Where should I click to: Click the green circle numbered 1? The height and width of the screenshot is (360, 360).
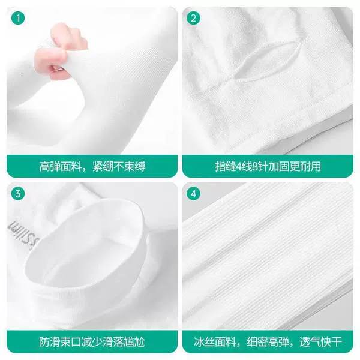pyautogui.click(x=18, y=19)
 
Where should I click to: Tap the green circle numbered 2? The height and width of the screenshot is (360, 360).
pyautogui.click(x=194, y=19)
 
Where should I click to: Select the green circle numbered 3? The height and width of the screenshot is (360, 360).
pyautogui.click(x=18, y=194)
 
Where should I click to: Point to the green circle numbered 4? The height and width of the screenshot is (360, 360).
pyautogui.click(x=194, y=194)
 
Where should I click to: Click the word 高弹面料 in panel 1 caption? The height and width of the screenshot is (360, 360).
pyautogui.click(x=60, y=166)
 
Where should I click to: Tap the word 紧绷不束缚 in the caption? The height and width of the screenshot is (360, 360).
pyautogui.click(x=119, y=166)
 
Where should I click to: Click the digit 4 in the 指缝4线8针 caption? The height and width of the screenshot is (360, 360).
pyautogui.click(x=239, y=166)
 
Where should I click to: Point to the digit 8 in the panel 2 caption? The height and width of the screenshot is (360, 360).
pyautogui.click(x=255, y=166)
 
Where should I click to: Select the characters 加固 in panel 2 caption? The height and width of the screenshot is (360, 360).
pyautogui.click(x=278, y=166)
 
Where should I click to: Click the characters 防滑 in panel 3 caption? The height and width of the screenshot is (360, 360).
pyautogui.click(x=50, y=342)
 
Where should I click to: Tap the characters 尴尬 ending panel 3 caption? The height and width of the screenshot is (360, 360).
pyautogui.click(x=134, y=342)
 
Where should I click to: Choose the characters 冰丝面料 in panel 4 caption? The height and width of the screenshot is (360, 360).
pyautogui.click(x=215, y=342)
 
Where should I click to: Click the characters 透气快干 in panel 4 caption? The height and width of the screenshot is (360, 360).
pyautogui.click(x=321, y=342)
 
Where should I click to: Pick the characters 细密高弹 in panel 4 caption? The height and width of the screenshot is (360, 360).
pyautogui.click(x=268, y=342)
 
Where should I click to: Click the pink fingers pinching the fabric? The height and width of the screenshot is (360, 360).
pyautogui.click(x=60, y=51)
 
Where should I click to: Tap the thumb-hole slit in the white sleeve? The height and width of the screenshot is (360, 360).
pyautogui.click(x=268, y=62)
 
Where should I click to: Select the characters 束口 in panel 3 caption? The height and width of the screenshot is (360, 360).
pyautogui.click(x=71, y=342)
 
